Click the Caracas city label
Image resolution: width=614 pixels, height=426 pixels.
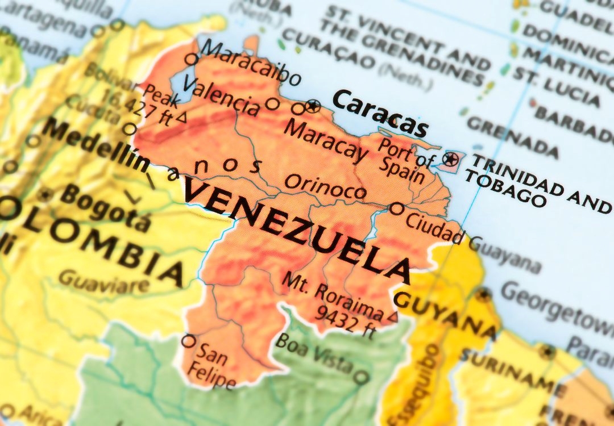[379, 113]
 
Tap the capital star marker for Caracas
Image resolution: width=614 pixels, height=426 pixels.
[313, 105]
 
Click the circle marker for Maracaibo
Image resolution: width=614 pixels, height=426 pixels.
[192, 59]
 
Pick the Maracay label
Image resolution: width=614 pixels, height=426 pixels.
[326, 141]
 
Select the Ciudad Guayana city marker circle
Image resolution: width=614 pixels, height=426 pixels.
[397, 209]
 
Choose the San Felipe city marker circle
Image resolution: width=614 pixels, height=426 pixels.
[188, 341]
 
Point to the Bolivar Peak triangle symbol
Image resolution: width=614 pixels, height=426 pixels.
[181, 118]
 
